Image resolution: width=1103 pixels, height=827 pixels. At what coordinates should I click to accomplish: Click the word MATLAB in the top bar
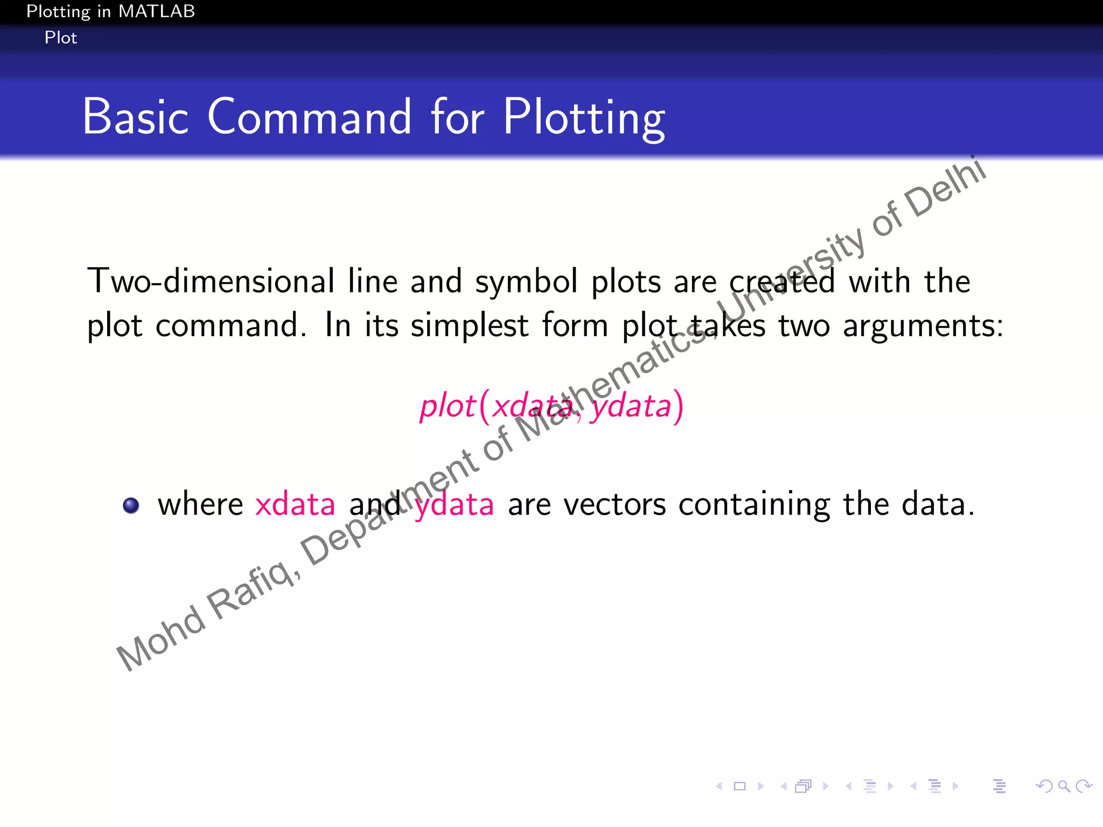(156, 11)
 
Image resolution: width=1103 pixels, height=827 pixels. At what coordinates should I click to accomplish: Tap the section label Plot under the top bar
(61, 38)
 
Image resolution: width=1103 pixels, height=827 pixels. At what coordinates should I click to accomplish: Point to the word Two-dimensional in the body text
(211, 281)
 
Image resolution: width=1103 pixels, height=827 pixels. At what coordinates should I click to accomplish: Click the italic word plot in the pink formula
(447, 407)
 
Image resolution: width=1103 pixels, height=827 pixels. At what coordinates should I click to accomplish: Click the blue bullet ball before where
(131, 506)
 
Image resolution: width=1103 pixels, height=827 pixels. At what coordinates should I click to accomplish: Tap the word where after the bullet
(200, 504)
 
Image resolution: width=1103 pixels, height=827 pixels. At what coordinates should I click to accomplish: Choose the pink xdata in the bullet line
(295, 504)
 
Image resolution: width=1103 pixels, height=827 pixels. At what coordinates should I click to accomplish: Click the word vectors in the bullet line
(615, 504)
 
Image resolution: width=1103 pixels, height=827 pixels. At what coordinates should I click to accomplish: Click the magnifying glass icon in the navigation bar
(1064, 786)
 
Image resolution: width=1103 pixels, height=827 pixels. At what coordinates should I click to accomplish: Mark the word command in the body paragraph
(227, 326)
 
